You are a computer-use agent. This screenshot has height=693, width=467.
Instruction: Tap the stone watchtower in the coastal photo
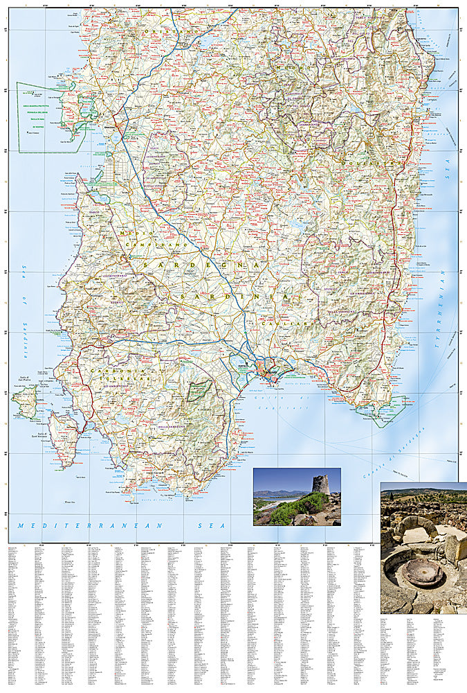[319, 484]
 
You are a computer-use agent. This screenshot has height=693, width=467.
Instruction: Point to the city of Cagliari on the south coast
[268, 373]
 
